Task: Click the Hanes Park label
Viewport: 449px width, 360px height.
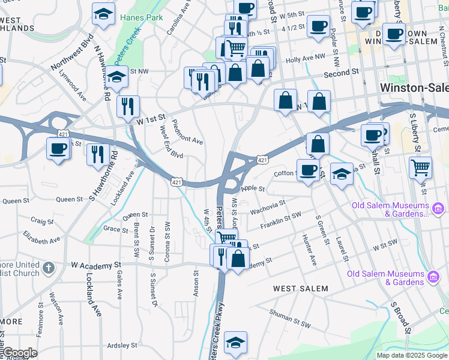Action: pyautogui.click(x=141, y=18)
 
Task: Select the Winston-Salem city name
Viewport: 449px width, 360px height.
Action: pyautogui.click(x=414, y=88)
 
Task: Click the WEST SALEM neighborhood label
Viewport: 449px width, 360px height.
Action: pyautogui.click(x=301, y=289)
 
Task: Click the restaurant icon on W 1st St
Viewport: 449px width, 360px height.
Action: pyautogui.click(x=128, y=106)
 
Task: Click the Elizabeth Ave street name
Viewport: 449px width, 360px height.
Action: pyautogui.click(x=42, y=236)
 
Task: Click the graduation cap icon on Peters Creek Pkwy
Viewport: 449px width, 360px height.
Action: pyautogui.click(x=236, y=342)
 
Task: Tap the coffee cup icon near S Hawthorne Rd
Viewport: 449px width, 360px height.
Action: pyautogui.click(x=58, y=148)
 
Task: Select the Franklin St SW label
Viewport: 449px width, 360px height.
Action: pyautogui.click(x=281, y=220)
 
